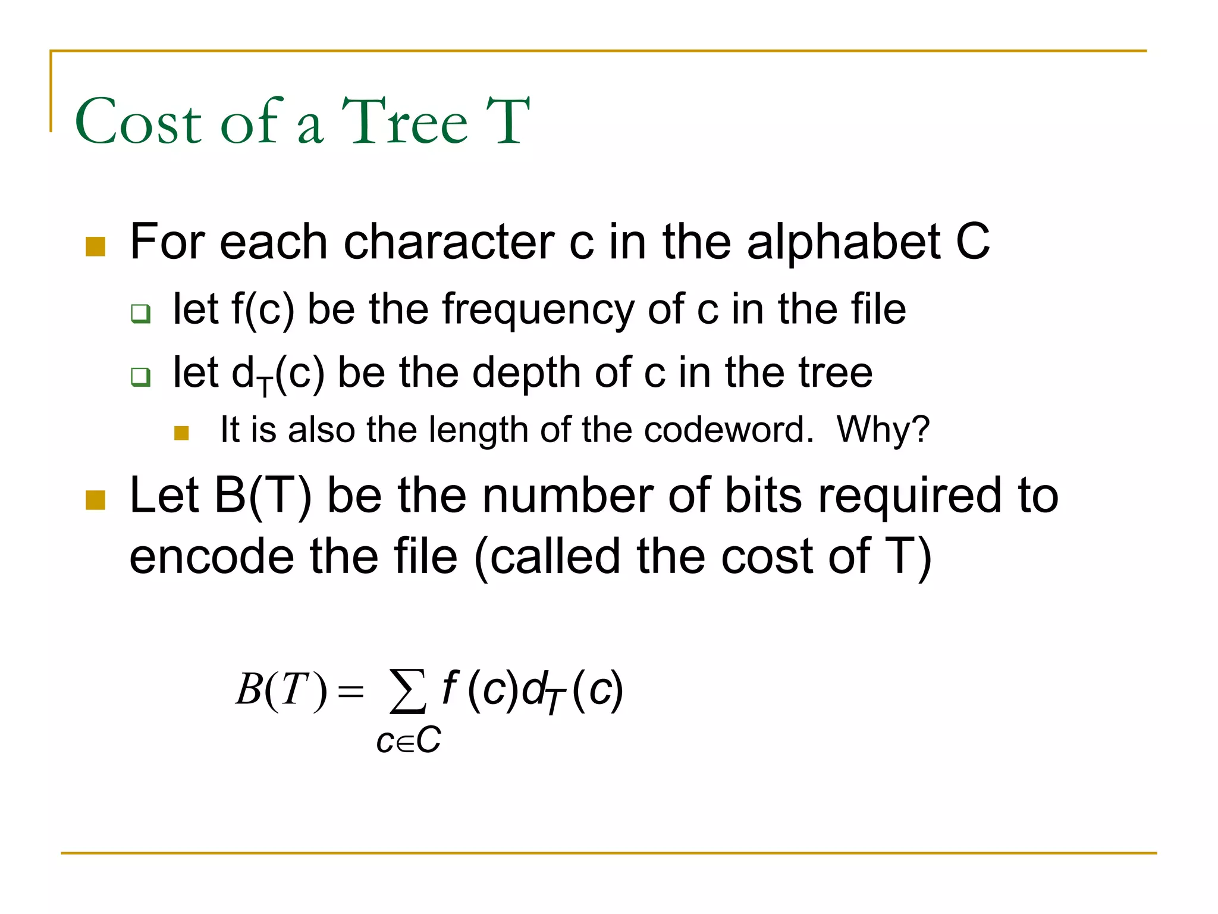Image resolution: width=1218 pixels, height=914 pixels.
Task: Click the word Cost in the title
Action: (139, 122)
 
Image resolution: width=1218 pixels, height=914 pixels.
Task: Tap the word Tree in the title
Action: (404, 122)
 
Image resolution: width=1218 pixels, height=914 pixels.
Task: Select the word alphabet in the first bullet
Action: (843, 243)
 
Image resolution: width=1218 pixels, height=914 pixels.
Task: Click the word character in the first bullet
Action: (449, 243)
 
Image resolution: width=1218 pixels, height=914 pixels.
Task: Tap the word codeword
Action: (729, 429)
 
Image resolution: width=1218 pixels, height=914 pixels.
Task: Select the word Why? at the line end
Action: (883, 429)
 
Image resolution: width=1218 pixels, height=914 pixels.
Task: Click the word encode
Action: (212, 557)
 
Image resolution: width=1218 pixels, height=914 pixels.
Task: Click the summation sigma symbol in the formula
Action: (407, 690)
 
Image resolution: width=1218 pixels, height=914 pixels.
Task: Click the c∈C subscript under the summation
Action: (409, 741)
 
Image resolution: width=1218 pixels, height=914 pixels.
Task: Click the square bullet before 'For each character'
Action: (96, 246)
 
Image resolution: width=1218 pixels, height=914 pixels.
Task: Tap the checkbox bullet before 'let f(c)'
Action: (141, 313)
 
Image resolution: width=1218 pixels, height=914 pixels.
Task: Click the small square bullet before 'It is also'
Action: (181, 433)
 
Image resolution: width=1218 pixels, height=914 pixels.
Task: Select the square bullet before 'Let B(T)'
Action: (96, 500)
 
